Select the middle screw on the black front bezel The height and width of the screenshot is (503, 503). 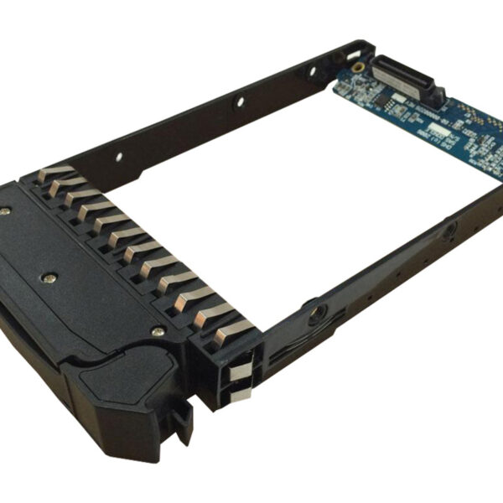(52, 273)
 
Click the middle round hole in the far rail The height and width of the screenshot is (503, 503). (239, 101)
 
